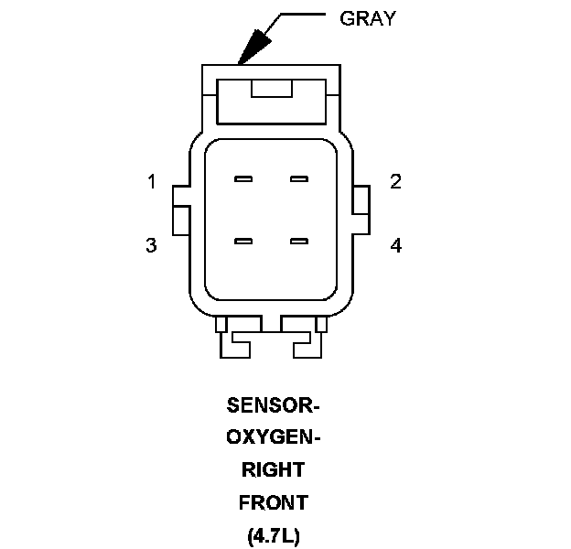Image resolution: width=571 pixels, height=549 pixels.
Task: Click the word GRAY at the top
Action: pyautogui.click(x=367, y=18)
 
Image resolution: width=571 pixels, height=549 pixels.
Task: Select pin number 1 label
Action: pyautogui.click(x=152, y=181)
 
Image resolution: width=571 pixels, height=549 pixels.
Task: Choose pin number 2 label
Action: pyautogui.click(x=395, y=181)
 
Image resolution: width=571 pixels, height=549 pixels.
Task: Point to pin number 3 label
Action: pyautogui.click(x=152, y=245)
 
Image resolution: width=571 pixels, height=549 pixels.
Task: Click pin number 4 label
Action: pyautogui.click(x=395, y=245)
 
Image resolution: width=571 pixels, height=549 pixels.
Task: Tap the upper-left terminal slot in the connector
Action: pyautogui.click(x=242, y=178)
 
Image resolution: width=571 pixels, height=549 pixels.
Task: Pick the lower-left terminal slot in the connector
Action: pyautogui.click(x=242, y=242)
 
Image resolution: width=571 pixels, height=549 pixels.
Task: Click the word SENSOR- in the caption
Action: pyautogui.click(x=272, y=405)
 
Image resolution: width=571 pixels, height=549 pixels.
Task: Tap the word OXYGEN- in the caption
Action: pyautogui.click(x=272, y=437)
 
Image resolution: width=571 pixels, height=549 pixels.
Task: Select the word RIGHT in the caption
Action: pyautogui.click(x=272, y=470)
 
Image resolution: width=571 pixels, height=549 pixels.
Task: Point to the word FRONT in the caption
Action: pyautogui.click(x=272, y=502)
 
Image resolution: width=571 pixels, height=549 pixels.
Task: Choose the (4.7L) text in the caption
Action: pyautogui.click(x=272, y=534)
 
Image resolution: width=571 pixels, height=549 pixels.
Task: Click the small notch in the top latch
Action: pyautogui.click(x=271, y=88)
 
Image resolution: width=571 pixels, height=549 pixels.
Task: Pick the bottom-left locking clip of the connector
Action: pyautogui.click(x=236, y=340)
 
